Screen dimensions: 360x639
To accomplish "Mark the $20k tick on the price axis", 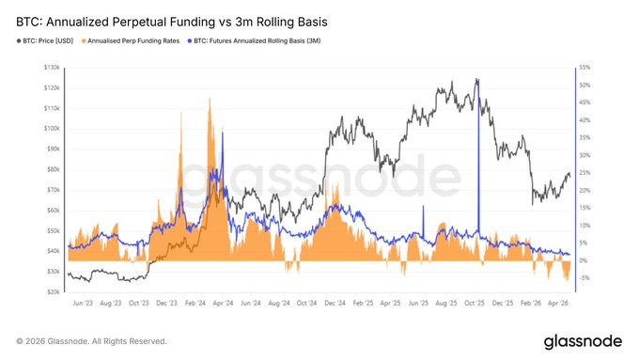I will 53,291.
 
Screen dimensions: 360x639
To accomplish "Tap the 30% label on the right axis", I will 584,155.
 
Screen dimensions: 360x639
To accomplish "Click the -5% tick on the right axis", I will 584,278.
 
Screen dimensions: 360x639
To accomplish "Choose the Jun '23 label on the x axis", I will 83,305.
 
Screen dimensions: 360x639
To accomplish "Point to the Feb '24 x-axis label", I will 195,305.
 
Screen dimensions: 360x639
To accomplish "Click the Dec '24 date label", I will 335,305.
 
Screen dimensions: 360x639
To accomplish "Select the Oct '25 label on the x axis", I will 475,305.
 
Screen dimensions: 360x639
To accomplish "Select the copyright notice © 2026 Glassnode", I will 92,340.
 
